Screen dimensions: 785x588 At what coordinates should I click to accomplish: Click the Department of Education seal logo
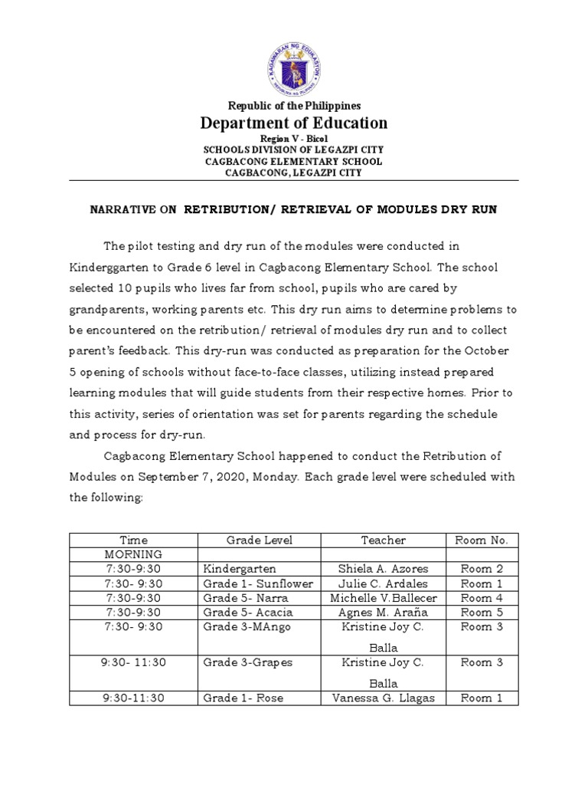tap(294, 64)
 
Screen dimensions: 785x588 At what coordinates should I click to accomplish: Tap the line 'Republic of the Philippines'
tap(294, 106)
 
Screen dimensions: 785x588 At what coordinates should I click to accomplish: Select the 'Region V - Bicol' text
tap(294, 138)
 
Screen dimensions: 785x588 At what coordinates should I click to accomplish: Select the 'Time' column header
tap(134, 540)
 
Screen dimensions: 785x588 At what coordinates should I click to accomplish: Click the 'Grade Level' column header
tap(259, 540)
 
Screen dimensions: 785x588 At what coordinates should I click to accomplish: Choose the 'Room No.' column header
tap(482, 540)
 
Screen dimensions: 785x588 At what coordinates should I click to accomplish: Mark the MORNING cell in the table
tap(134, 554)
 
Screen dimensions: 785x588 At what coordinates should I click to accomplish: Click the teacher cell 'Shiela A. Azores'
tap(383, 569)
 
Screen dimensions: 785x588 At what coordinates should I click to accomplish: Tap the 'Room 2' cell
tap(482, 569)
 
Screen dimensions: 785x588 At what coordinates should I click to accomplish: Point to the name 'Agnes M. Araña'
tap(383, 613)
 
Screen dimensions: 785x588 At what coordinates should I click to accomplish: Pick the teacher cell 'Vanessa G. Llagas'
tap(383, 698)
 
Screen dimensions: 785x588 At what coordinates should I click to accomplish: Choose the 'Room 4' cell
tap(482, 598)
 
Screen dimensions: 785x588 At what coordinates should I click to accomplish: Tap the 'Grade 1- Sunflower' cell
tap(258, 583)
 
